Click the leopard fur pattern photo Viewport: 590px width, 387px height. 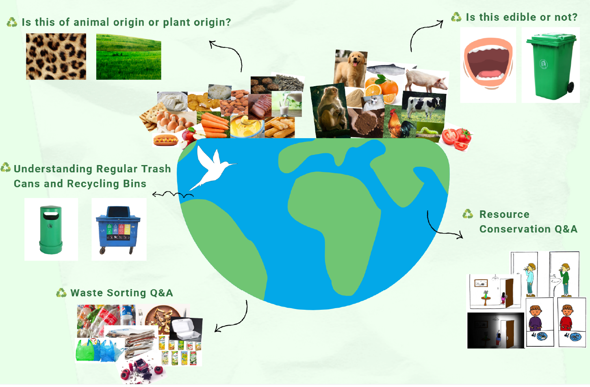point(56,57)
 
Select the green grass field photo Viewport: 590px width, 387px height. point(128,57)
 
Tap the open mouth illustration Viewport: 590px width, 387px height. point(488,63)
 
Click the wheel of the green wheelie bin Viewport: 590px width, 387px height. point(570,87)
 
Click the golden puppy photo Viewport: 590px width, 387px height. point(350,68)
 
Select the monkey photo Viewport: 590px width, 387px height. point(330,111)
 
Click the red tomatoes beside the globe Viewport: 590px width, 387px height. point(457,137)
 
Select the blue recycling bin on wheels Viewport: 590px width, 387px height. point(118,230)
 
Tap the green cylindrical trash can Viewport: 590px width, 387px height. point(51,230)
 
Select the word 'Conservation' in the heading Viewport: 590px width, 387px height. point(515,229)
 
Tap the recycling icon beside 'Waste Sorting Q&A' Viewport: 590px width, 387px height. point(61,293)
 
